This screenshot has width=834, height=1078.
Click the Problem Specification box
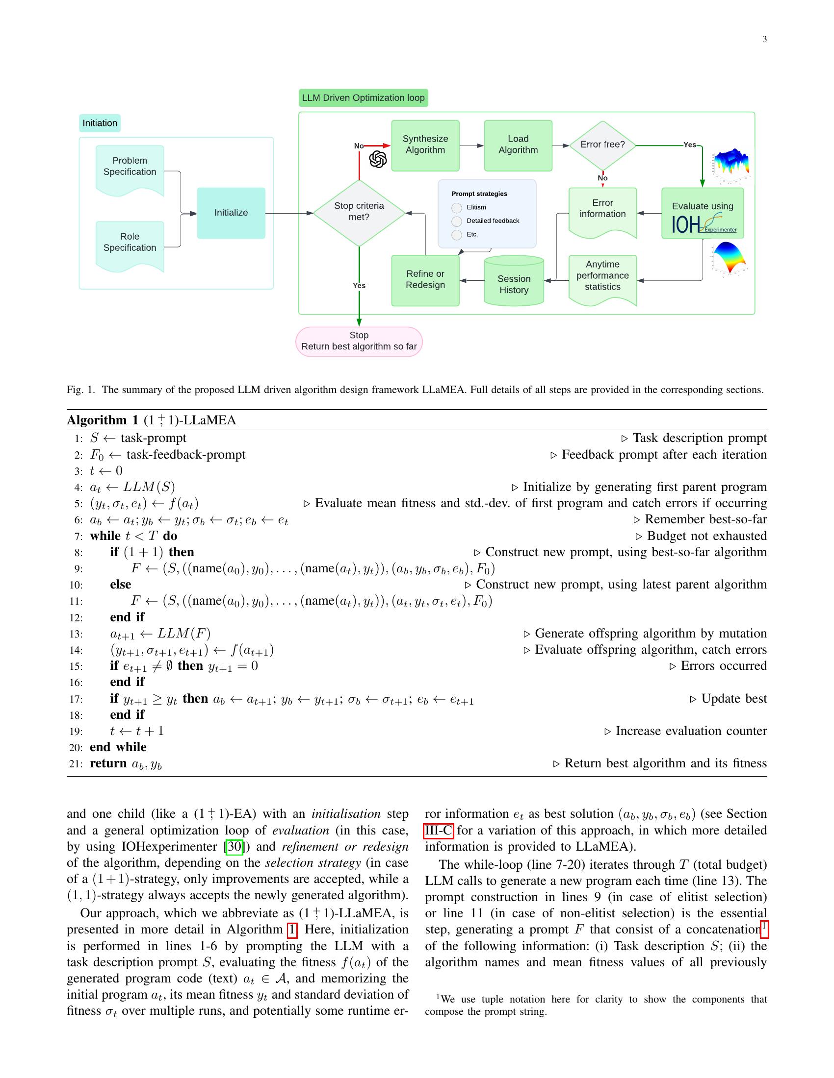(x=130, y=167)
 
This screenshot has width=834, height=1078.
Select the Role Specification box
(x=130, y=243)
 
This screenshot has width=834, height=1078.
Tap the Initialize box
(x=231, y=213)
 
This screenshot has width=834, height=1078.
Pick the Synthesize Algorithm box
(x=425, y=145)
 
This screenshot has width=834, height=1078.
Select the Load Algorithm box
(x=518, y=145)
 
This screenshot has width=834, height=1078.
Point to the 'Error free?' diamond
(x=602, y=145)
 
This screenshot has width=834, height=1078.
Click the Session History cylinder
(x=514, y=282)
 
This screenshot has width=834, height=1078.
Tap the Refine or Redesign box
(x=425, y=280)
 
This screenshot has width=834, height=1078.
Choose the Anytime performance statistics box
(x=602, y=276)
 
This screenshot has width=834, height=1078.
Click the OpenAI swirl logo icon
(x=378, y=159)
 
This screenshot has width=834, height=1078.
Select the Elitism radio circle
(x=457, y=208)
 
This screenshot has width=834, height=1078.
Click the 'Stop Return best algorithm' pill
(x=359, y=341)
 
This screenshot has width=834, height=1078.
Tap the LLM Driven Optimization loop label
(x=363, y=98)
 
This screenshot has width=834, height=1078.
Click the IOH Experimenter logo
(x=703, y=224)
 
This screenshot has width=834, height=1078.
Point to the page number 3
(x=764, y=40)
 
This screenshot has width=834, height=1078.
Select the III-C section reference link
(x=438, y=831)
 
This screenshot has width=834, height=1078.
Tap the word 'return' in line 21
(x=108, y=763)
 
